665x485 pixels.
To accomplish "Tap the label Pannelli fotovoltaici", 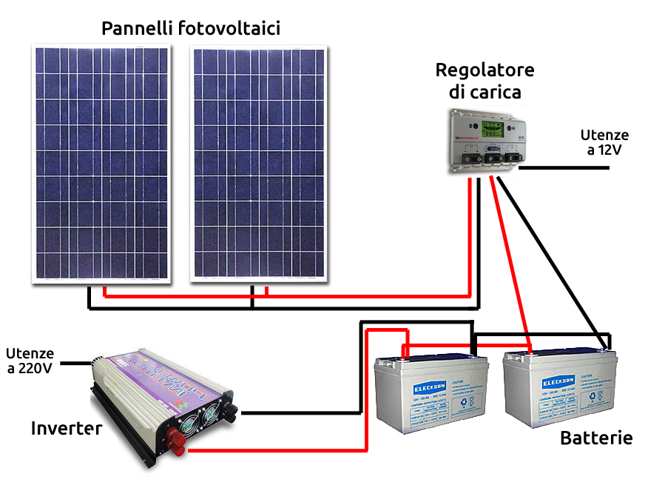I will tap(190, 29).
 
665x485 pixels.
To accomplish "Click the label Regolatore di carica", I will tap(485, 81).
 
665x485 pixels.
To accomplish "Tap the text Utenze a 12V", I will tap(604, 142).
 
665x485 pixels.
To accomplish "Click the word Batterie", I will tap(596, 438).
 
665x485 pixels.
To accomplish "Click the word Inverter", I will tap(66, 428).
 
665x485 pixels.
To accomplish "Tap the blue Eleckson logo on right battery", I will tap(557, 383).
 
